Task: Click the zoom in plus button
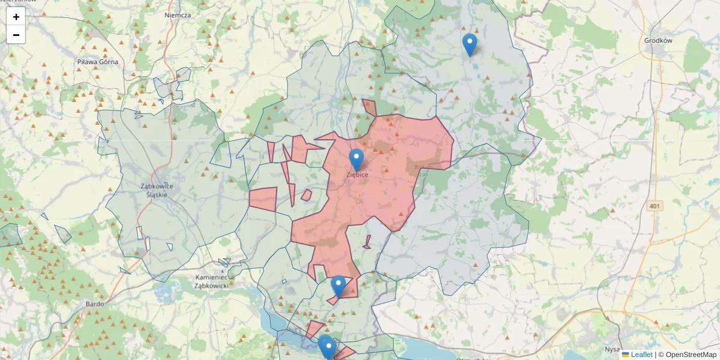point(16,17)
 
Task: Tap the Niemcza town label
point(178,15)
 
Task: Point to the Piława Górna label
point(98,62)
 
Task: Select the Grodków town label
point(658,41)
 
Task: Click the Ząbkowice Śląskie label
point(157,190)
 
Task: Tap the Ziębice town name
point(357,175)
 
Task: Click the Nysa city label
point(611,349)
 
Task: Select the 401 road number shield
point(655,206)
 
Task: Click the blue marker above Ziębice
point(356,160)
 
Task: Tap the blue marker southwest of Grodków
point(470,44)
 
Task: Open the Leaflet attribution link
point(641,355)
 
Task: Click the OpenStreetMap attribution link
point(691,355)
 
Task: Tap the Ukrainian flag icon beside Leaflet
point(626,355)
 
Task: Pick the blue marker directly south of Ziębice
point(338,286)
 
